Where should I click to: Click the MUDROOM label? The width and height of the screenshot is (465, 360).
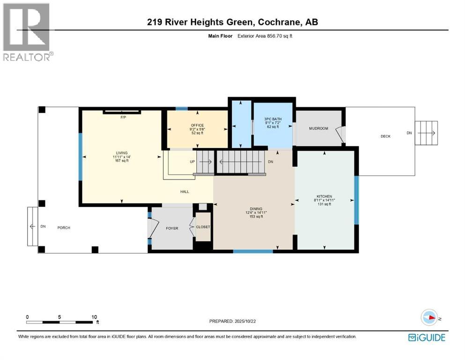click(x=318, y=128)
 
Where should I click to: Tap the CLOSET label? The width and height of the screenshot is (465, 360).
click(x=203, y=227)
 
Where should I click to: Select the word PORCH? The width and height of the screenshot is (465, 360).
click(x=64, y=228)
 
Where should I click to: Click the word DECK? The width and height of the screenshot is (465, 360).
click(x=385, y=136)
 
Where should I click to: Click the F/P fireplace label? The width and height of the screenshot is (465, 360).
click(x=123, y=117)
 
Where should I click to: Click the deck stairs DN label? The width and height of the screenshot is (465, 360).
click(x=409, y=133)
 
